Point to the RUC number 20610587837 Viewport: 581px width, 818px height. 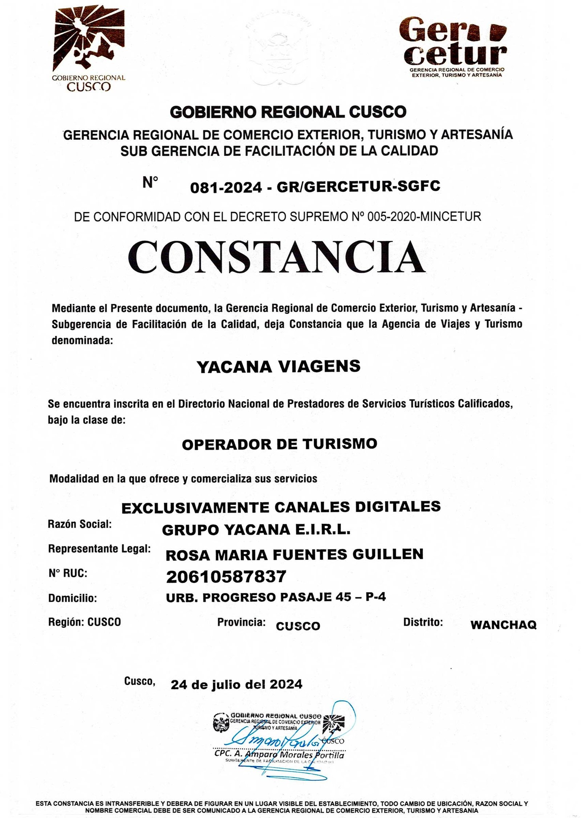click(x=226, y=576)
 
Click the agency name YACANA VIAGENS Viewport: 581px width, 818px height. click(x=278, y=367)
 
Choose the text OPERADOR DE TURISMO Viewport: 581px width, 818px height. click(x=279, y=444)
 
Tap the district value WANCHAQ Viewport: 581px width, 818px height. click(x=503, y=625)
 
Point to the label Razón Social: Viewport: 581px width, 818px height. click(x=80, y=524)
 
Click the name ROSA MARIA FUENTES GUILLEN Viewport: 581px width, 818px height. click(x=294, y=554)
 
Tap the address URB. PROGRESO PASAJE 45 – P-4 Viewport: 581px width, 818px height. click(x=276, y=597)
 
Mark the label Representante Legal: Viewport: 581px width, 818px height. click(x=99, y=549)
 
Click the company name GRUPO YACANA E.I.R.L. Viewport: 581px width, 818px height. click(x=256, y=530)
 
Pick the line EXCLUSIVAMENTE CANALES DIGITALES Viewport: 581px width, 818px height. click(x=281, y=507)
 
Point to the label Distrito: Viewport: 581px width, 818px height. click(x=423, y=622)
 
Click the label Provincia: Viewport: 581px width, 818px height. click(x=241, y=622)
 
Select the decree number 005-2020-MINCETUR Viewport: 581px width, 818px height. click(x=424, y=217)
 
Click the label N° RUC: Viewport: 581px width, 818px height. click(x=68, y=573)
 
